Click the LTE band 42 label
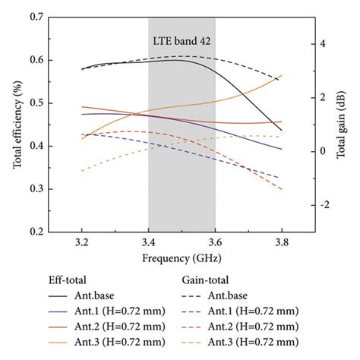pyautogui.click(x=182, y=43)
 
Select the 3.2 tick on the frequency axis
pyautogui.click(x=81, y=244)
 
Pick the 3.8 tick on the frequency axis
pyautogui.click(x=282, y=244)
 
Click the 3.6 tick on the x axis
pyautogui.click(x=215, y=244)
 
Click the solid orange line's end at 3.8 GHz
pyautogui.click(x=282, y=75)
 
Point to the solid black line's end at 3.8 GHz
pyautogui.click(x=282, y=131)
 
